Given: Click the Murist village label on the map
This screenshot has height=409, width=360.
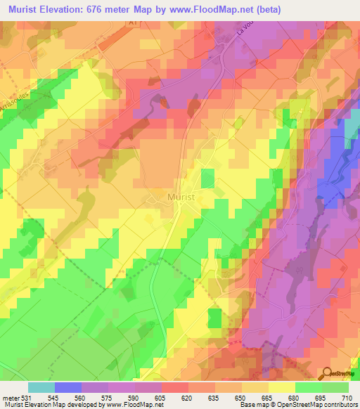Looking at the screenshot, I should (x=186, y=197).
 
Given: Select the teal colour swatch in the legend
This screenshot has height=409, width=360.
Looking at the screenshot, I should (x=41, y=387).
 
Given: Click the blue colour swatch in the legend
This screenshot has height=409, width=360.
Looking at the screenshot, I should (x=68, y=387).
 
